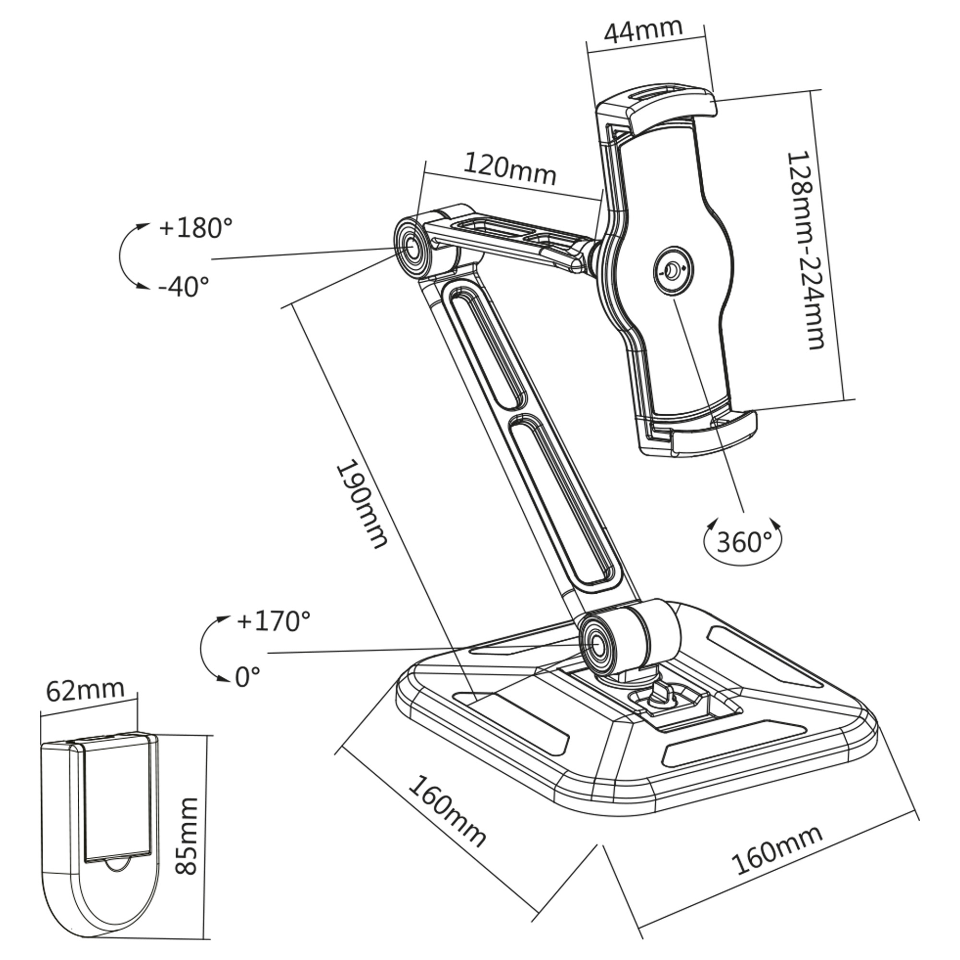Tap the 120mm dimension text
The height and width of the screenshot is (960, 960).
510,169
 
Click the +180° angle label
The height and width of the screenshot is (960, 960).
195,228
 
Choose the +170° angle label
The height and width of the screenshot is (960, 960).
273,621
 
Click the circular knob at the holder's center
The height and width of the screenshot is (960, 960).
672,271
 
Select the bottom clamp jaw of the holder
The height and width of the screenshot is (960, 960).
706,433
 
